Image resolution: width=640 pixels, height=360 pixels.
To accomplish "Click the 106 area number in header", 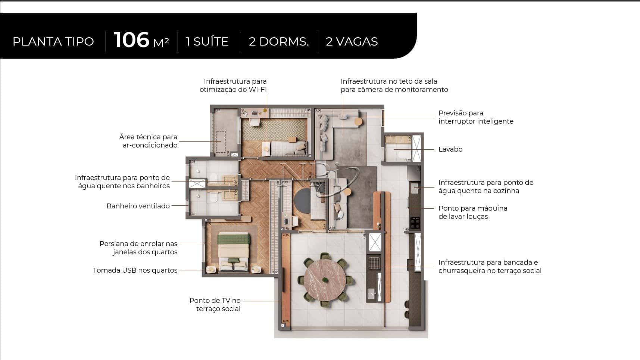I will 131,40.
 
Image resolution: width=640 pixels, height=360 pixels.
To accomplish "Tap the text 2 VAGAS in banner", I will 352,41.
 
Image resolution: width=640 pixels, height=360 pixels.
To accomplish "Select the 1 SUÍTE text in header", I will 207,41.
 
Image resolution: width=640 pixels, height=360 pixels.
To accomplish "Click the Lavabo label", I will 450,149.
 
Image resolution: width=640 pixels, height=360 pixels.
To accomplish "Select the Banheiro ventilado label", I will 138,206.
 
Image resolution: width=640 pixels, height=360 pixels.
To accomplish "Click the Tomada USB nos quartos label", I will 135,270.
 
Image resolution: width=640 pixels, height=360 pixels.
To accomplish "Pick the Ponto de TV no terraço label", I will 215,305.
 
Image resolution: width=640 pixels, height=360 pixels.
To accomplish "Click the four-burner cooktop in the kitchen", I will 415,223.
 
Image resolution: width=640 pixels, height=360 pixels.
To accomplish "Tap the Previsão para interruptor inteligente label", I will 475,117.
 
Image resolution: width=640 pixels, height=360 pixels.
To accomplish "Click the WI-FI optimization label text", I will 233,86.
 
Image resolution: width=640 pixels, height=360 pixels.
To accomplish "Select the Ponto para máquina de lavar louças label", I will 472,212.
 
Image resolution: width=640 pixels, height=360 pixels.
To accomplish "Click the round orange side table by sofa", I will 358,121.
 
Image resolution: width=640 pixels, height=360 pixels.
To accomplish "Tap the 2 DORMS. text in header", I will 278,41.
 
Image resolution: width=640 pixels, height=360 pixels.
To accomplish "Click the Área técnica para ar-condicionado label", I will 148,141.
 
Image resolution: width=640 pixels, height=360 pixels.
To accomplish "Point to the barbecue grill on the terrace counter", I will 374,263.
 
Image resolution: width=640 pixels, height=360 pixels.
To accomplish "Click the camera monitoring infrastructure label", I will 394,86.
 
